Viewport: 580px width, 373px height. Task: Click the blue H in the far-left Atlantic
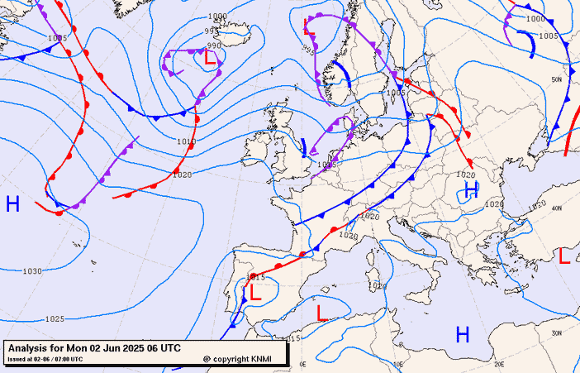[12, 204]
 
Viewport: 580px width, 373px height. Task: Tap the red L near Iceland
[210, 59]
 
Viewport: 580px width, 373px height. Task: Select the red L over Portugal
[255, 291]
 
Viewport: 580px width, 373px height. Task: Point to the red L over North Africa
[322, 312]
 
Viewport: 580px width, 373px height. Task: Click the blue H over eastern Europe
[472, 189]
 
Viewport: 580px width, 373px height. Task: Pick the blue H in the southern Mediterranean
[463, 334]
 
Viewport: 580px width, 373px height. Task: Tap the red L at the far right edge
[564, 256]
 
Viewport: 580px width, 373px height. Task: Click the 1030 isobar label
[32, 271]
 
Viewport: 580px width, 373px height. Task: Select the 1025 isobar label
[55, 318]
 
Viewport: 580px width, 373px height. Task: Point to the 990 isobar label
[215, 46]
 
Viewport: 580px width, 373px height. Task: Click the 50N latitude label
[557, 79]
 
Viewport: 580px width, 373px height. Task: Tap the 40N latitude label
[556, 208]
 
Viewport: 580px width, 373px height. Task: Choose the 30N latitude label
[557, 332]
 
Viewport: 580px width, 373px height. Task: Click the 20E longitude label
[499, 363]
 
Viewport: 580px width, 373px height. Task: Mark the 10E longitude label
[399, 363]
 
